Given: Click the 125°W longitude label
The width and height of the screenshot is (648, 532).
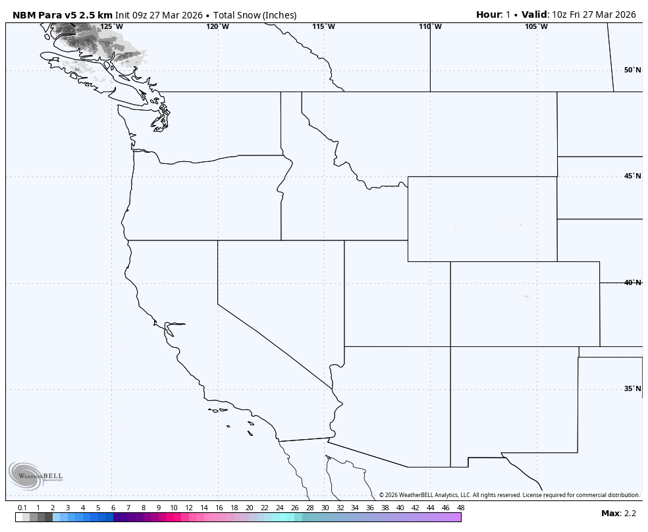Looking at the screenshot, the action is [111, 27].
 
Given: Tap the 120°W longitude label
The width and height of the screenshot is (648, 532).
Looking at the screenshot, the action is [217, 27].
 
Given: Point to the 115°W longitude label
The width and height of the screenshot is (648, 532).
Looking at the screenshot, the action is [323, 27].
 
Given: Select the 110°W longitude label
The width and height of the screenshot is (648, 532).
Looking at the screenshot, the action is [430, 27].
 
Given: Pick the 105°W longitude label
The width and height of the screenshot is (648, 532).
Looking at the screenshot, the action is [536, 27].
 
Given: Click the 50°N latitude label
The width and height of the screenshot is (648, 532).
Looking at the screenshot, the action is [632, 70].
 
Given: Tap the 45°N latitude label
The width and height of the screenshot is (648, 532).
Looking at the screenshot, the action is [632, 176].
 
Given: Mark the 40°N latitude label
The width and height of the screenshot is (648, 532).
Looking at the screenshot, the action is [632, 283].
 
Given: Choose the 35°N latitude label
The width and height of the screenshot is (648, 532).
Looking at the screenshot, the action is [632, 389].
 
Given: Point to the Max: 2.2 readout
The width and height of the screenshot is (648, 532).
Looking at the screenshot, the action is [618, 514].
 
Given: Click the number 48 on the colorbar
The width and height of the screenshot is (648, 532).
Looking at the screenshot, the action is [460, 508].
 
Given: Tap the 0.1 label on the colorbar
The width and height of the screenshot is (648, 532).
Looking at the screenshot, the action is [22, 508].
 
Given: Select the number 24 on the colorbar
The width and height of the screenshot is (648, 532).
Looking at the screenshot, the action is [279, 508].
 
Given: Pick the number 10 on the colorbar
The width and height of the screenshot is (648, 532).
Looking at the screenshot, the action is [174, 508].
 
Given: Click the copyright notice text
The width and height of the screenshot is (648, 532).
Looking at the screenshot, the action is [508, 495].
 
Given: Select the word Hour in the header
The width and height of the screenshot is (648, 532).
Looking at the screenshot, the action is [489, 14].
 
